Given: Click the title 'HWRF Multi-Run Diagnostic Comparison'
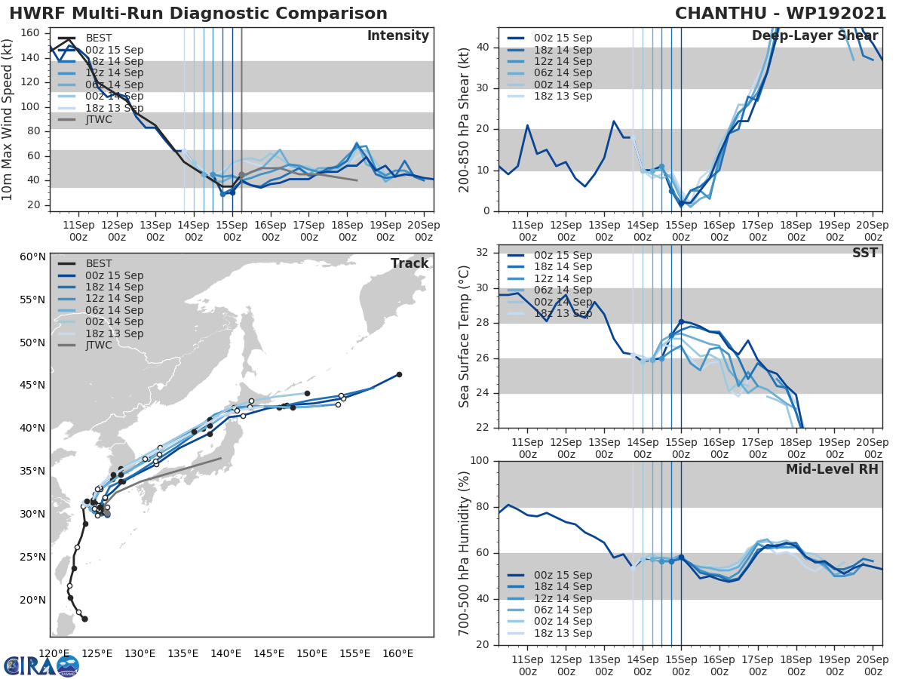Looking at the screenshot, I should coord(198,14).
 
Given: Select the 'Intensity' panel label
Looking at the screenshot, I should coord(397,36).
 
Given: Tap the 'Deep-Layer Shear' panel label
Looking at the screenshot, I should coord(814,36).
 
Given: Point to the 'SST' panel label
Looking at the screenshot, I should coord(864,253).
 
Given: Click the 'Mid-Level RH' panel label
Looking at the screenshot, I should coord(832,469).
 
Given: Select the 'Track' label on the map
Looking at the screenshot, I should coord(410,263).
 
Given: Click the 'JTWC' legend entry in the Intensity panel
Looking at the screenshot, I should coord(100,119).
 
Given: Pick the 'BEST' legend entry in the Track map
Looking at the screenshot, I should coord(100,264).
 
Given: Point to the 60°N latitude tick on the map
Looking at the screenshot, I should coord(32,257).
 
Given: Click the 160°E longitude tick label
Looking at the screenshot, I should coord(397,653).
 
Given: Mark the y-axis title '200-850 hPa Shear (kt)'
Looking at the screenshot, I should coord(465,119).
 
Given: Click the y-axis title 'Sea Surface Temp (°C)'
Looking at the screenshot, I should coord(465,336).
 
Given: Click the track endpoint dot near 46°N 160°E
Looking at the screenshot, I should coord(399,374).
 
